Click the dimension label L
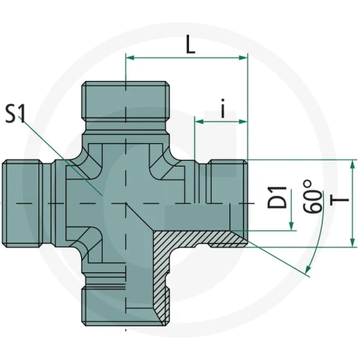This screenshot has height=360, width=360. point(190,44)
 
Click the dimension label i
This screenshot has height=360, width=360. point(223,109)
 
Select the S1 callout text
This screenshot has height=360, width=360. point(16,114)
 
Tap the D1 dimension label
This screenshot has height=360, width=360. point(277,197)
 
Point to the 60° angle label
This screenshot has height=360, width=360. point(313,196)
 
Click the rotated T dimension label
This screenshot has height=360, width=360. point(339,199)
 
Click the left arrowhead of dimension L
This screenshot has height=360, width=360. point(130,58)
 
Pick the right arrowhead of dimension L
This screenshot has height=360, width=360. point(243,58)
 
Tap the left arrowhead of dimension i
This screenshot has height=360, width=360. point(199,121)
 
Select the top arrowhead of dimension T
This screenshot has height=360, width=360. point(352,165)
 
